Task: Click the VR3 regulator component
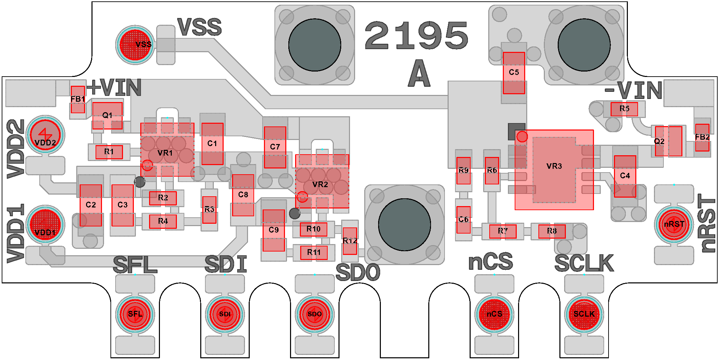coord(554,169)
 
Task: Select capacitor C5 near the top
coord(514,73)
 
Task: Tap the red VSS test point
coord(135,45)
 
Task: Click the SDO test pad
coord(314,314)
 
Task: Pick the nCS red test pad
coord(494,314)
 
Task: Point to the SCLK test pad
coord(584,314)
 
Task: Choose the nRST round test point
coord(674,224)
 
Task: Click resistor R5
coord(624,109)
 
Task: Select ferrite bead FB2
coord(702,137)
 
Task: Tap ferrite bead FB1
coord(78,99)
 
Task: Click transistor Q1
coord(107,116)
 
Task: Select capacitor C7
coord(275,147)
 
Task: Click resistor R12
coord(350,241)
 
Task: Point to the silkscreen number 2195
coord(417,35)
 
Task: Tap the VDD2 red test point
coord(45,135)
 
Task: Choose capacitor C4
coord(625,176)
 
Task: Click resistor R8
coord(552,231)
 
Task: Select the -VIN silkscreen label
coord(633,90)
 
